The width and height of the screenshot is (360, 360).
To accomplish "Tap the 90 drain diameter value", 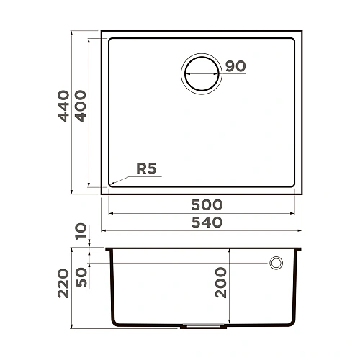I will [x=235, y=66].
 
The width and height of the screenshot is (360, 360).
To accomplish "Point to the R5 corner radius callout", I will [x=146, y=169].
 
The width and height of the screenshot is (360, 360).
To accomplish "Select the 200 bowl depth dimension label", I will [x=220, y=282].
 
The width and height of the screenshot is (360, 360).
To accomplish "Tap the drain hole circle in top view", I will [x=201, y=74].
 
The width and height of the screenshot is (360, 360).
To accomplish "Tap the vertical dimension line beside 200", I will [x=229, y=302].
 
